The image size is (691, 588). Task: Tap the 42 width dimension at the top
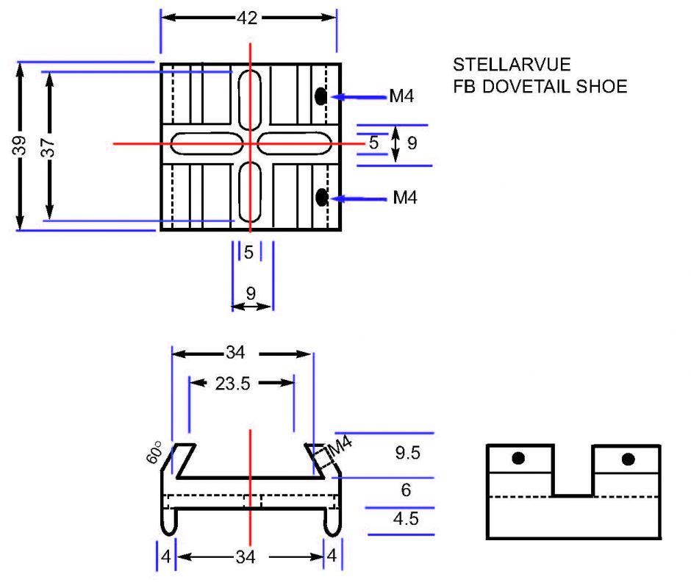[x=248, y=18]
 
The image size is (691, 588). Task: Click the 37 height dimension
[x=49, y=146]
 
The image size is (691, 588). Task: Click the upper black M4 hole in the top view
[x=321, y=96]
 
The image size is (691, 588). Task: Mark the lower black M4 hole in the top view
[x=321, y=196]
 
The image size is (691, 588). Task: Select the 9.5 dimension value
[x=407, y=453]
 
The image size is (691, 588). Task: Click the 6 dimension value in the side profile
[x=407, y=490]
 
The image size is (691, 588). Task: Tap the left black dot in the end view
[x=519, y=459]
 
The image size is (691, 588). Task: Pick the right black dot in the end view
[x=628, y=459]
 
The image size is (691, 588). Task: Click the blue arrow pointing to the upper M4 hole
[x=357, y=96]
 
